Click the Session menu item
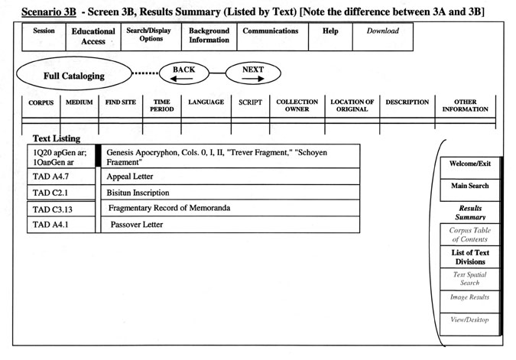click(44, 37)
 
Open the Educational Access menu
click(93, 37)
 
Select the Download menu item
click(383, 37)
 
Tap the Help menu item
click(330, 37)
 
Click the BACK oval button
click(184, 73)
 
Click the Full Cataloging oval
click(74, 73)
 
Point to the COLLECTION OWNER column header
click(297, 106)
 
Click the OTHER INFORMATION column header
click(465, 106)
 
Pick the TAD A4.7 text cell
click(61, 177)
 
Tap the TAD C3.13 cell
click(61, 209)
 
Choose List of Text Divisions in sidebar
click(470, 257)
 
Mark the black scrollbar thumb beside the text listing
click(98, 155)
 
